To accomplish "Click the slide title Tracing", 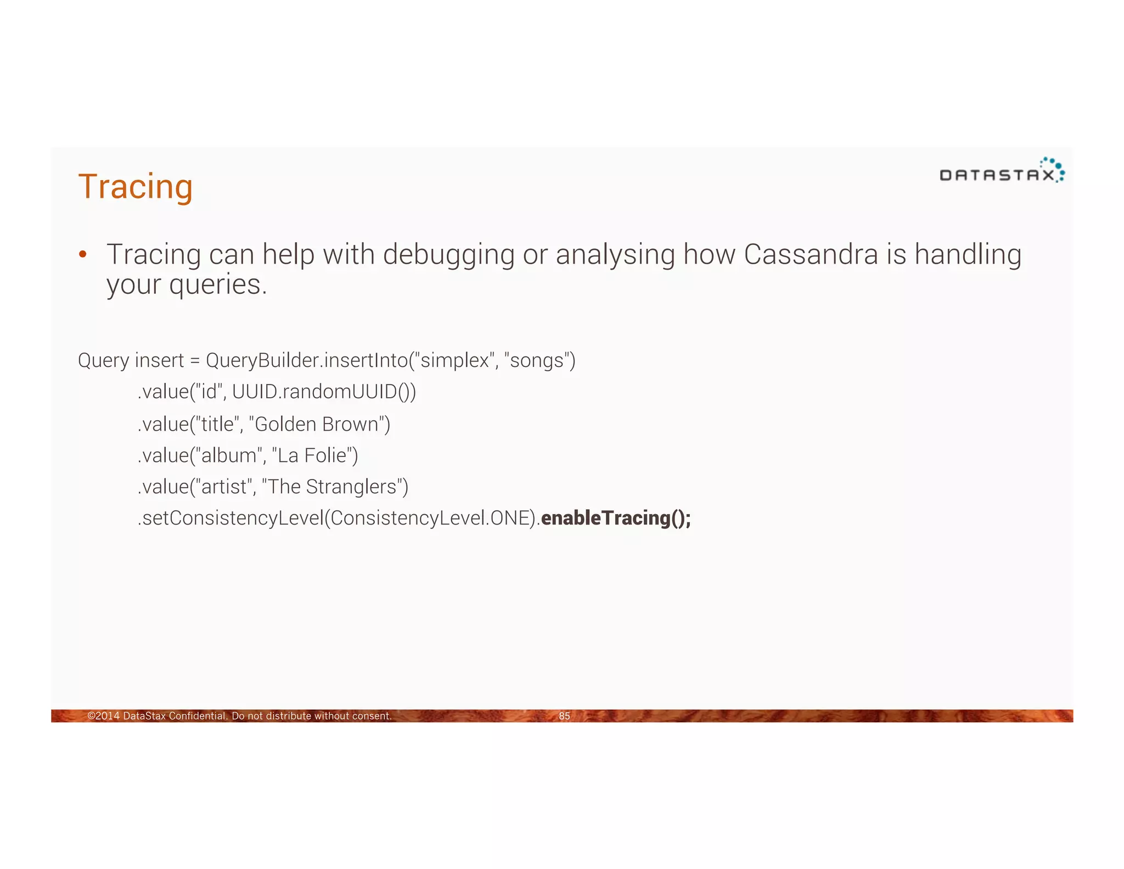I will coord(136,187).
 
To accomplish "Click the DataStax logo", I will coord(1002,171).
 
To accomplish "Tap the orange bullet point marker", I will coord(83,254).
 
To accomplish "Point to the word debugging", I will coord(448,255).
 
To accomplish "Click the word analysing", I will coord(615,255).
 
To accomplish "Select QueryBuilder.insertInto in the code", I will coord(307,360).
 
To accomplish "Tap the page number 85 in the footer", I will coord(564,716).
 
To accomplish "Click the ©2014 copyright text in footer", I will coord(239,716).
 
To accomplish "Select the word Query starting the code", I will coord(103,360).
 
